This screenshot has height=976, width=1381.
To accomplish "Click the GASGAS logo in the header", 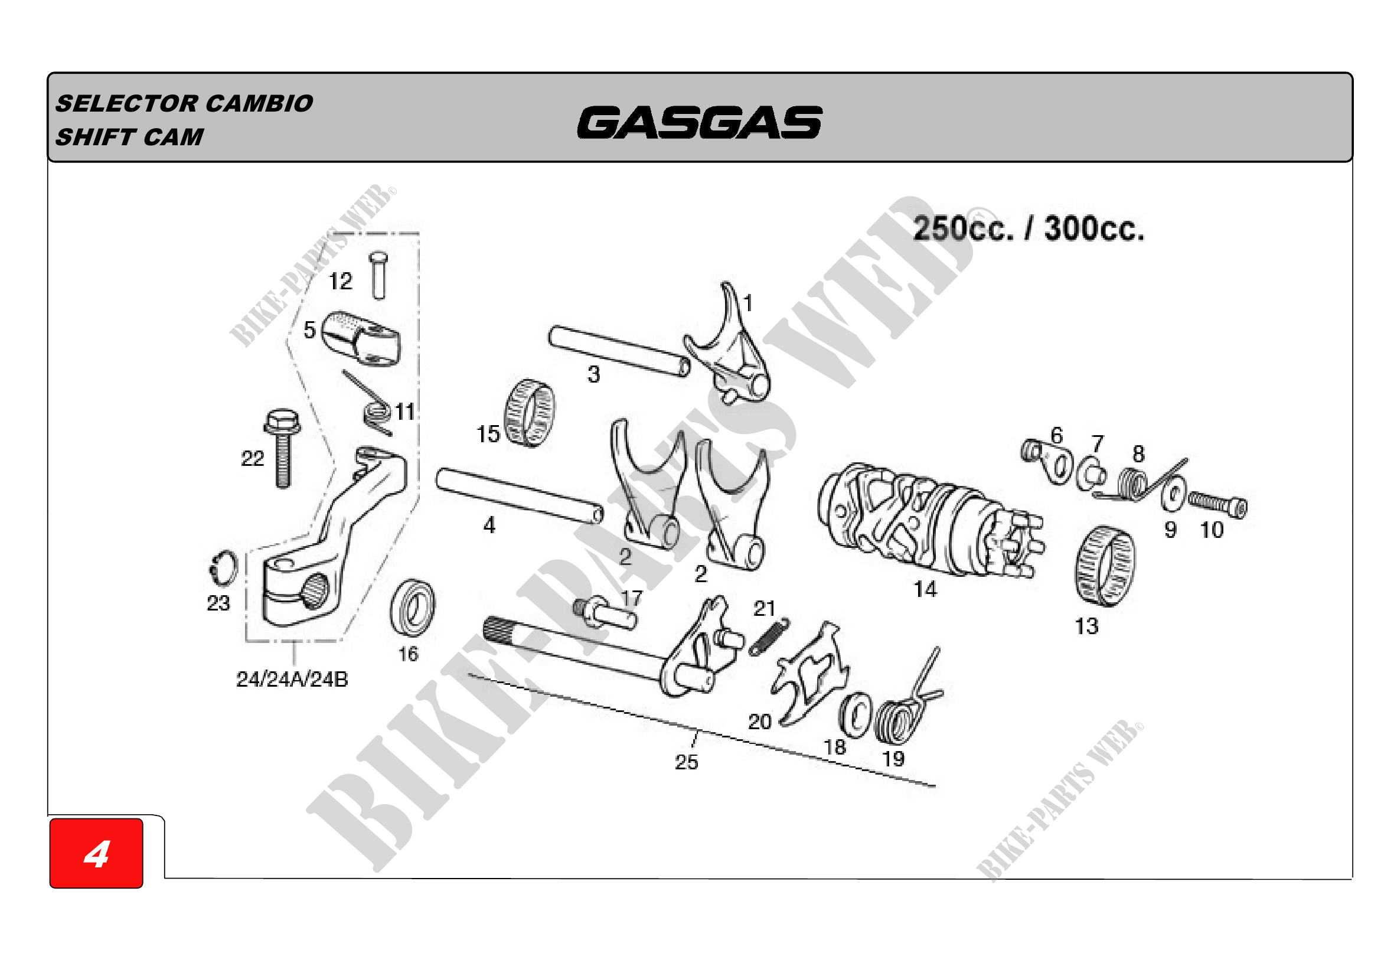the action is click(700, 123).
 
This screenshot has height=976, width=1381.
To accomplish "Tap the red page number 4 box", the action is click(96, 853).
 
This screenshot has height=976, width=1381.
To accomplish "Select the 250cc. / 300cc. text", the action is click(1029, 229).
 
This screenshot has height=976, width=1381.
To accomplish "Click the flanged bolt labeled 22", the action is click(282, 449).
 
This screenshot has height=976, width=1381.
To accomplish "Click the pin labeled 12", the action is click(378, 275).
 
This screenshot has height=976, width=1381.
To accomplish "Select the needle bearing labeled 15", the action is click(529, 413).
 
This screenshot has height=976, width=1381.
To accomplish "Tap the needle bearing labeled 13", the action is click(1105, 566).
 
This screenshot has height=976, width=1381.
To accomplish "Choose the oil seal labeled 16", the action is click(413, 608).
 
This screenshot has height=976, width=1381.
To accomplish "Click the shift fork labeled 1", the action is click(727, 343).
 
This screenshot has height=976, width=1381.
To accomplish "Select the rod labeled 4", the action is click(520, 496).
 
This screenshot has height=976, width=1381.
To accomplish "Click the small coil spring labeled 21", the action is click(769, 636).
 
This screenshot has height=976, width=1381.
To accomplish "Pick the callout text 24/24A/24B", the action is click(292, 680).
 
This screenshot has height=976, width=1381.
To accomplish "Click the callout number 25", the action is click(686, 762).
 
